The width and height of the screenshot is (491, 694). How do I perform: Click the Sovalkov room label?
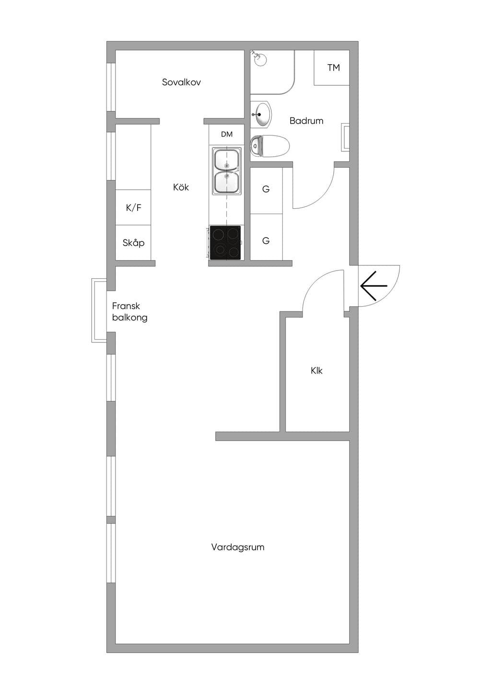(181, 82)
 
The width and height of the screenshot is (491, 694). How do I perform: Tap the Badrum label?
(306, 121)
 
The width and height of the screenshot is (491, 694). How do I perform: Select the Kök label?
(181, 187)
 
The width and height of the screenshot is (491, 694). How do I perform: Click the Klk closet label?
(316, 371)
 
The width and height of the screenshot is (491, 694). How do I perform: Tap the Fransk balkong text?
(129, 312)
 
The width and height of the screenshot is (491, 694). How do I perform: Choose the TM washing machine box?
(332, 68)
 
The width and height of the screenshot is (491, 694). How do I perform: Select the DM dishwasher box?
(227, 135)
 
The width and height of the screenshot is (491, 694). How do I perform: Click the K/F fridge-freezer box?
(133, 207)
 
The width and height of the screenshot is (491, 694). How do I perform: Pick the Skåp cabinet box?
(133, 243)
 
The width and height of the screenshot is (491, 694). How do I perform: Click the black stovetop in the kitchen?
(225, 243)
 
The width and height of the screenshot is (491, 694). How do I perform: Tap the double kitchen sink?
(227, 171)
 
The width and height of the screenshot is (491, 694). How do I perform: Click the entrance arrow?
(374, 285)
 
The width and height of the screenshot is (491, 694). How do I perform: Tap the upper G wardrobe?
(266, 190)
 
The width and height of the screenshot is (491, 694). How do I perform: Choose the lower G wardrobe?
(266, 237)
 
